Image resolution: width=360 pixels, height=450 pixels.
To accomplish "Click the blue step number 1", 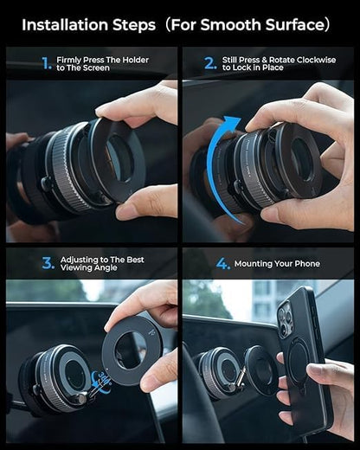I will pos(46,63).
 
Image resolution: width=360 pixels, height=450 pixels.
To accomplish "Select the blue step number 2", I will pos(210,63).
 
